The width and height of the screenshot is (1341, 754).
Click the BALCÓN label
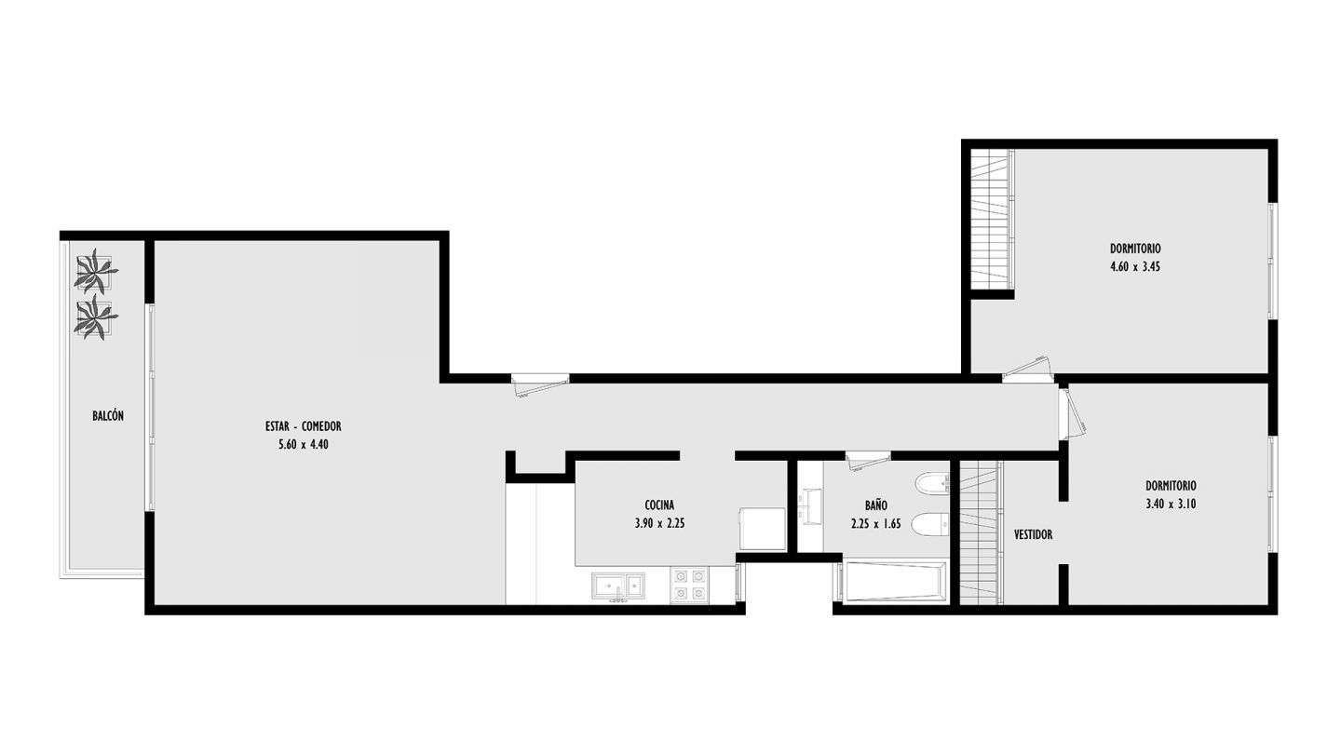point(108,416)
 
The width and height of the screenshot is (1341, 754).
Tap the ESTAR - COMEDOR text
point(303,426)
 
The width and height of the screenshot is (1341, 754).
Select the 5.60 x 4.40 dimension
point(304,445)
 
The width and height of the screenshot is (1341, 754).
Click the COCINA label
point(659,505)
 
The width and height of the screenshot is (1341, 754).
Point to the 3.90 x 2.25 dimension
point(659,523)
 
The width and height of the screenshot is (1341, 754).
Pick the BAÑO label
point(875,505)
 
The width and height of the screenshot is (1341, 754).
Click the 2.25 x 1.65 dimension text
point(875,524)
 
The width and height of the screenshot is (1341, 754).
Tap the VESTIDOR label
point(1034,534)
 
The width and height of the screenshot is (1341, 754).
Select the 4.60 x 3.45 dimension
point(1135,267)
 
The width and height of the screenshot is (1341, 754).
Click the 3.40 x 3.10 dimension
point(1171,504)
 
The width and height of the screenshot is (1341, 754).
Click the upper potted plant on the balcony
point(95,271)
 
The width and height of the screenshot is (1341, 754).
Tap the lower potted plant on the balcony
point(95,317)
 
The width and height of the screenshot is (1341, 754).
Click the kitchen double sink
point(618,586)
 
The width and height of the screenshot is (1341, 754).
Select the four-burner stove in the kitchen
point(689,585)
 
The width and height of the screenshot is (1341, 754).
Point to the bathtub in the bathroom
point(890,581)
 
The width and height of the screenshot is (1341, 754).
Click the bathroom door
point(868,461)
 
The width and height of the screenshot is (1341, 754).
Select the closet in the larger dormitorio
point(992,219)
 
